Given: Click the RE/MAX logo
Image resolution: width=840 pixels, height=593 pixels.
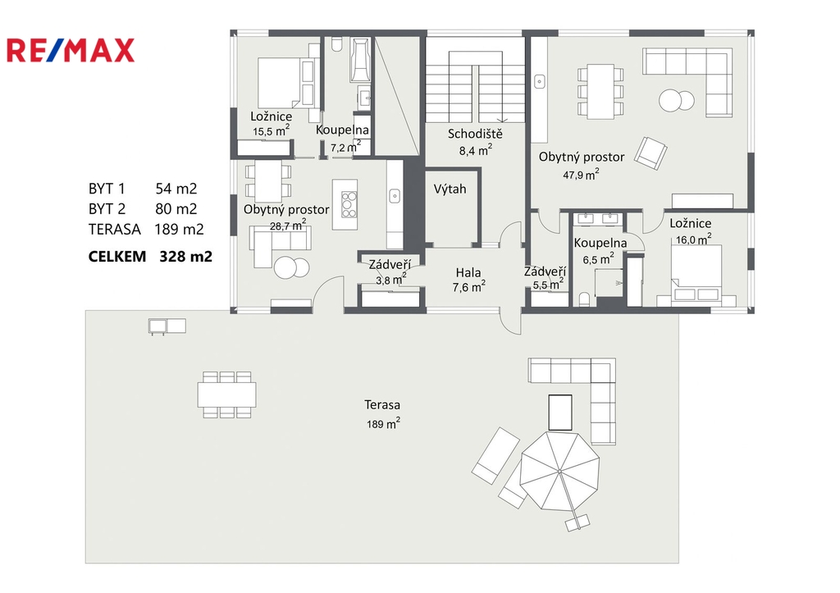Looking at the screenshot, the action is coord(71,50).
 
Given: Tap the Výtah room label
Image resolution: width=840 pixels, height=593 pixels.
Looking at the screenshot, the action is coord(450,189).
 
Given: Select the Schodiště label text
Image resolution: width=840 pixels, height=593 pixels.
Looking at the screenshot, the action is coord(475,134).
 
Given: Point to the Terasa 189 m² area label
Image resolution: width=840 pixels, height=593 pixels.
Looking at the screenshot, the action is coord(382,414).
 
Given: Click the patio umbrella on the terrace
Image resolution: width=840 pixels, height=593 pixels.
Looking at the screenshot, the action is coord(559,471).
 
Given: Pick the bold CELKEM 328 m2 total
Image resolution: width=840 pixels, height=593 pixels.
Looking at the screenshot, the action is coord(150,257).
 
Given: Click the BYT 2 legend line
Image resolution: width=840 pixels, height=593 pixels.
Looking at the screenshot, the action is coord(143,209).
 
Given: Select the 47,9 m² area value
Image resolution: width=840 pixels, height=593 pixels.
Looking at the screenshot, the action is coord(581,174).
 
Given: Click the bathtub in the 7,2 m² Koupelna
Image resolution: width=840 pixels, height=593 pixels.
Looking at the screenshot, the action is coord(361,59).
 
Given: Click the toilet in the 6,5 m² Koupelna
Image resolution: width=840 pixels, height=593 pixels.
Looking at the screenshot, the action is coord(584,299).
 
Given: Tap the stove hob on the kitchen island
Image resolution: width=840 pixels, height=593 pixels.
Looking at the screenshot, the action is coord(349,204).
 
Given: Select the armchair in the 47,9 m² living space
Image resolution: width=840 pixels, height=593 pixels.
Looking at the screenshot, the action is coord(651,153).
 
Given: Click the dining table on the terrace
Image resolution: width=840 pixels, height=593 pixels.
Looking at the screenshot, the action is coord(226,395).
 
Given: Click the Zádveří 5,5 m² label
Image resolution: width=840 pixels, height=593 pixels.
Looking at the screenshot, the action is coord(545,278).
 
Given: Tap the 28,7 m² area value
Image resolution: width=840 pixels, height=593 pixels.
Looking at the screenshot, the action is coord(288,225).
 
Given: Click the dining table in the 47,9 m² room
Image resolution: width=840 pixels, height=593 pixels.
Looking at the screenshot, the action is coord(600,91).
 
